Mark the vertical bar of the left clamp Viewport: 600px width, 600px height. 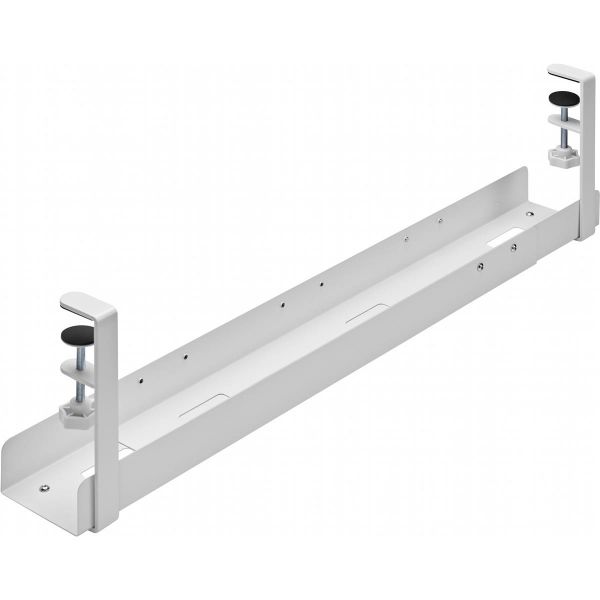pos(104,420)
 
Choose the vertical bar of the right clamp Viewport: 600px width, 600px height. pos(585,160)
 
